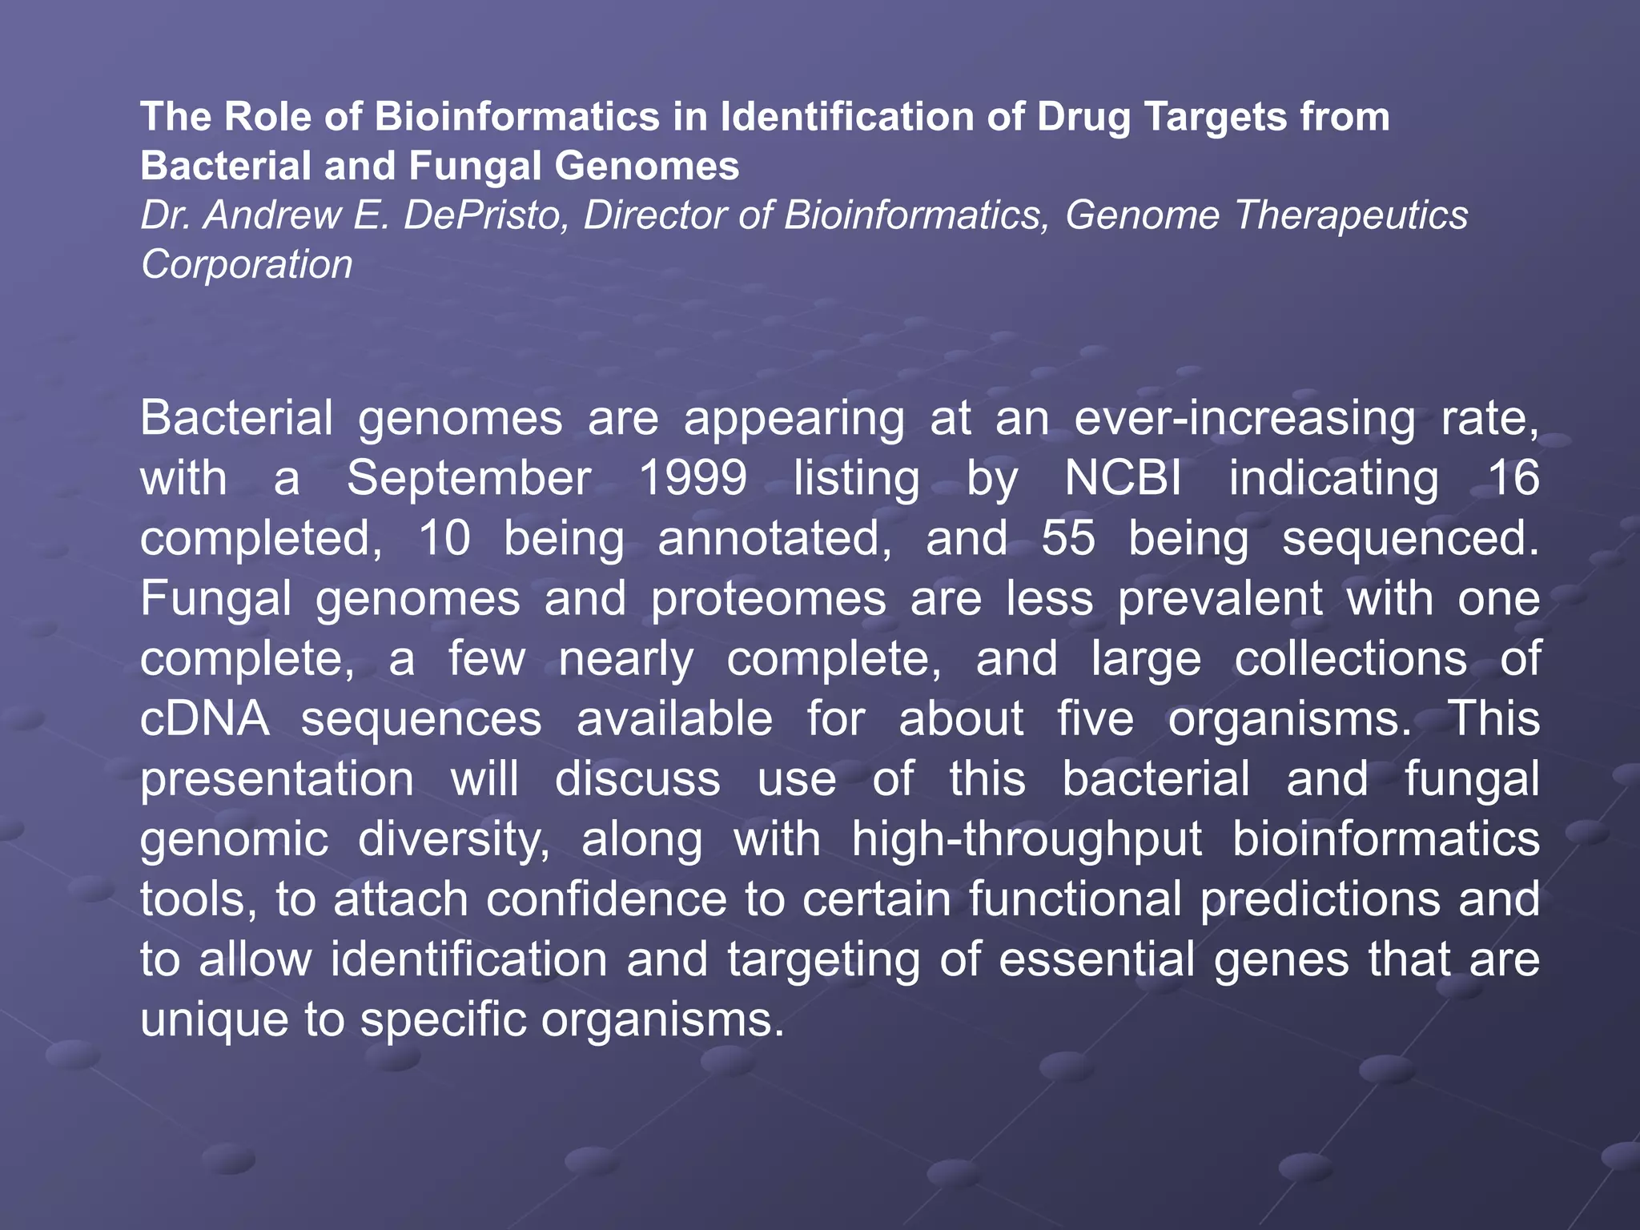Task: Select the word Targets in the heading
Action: click(1215, 117)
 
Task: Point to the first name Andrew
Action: click(273, 215)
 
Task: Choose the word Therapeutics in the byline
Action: click(1351, 215)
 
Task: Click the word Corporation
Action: click(247, 264)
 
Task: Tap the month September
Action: click(468, 478)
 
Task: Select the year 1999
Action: click(693, 478)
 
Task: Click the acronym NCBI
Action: click(1123, 478)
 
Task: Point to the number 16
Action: click(1513, 478)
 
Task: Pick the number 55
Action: click(1067, 538)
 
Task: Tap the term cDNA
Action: click(204, 718)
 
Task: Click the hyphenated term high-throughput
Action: click(1027, 838)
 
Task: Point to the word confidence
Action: click(607, 898)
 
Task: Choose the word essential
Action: click(1097, 959)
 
